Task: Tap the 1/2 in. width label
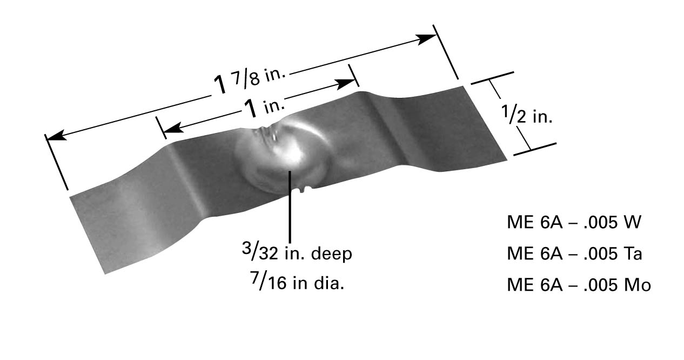pos(527,114)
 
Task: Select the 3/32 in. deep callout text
pos(297,252)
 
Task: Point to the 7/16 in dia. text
pos(298,281)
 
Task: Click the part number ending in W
pos(574,222)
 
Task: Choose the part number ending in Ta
pos(574,254)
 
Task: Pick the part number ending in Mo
pos(579,285)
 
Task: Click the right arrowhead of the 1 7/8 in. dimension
pos(427,39)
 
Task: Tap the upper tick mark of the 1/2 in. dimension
pos(492,78)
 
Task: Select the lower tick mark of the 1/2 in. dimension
pos(535,149)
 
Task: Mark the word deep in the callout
pos(331,254)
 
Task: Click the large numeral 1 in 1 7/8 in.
pos(220,85)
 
